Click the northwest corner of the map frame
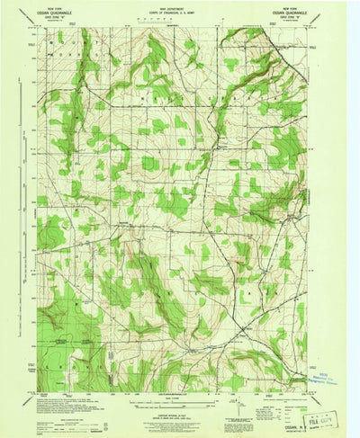38,27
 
